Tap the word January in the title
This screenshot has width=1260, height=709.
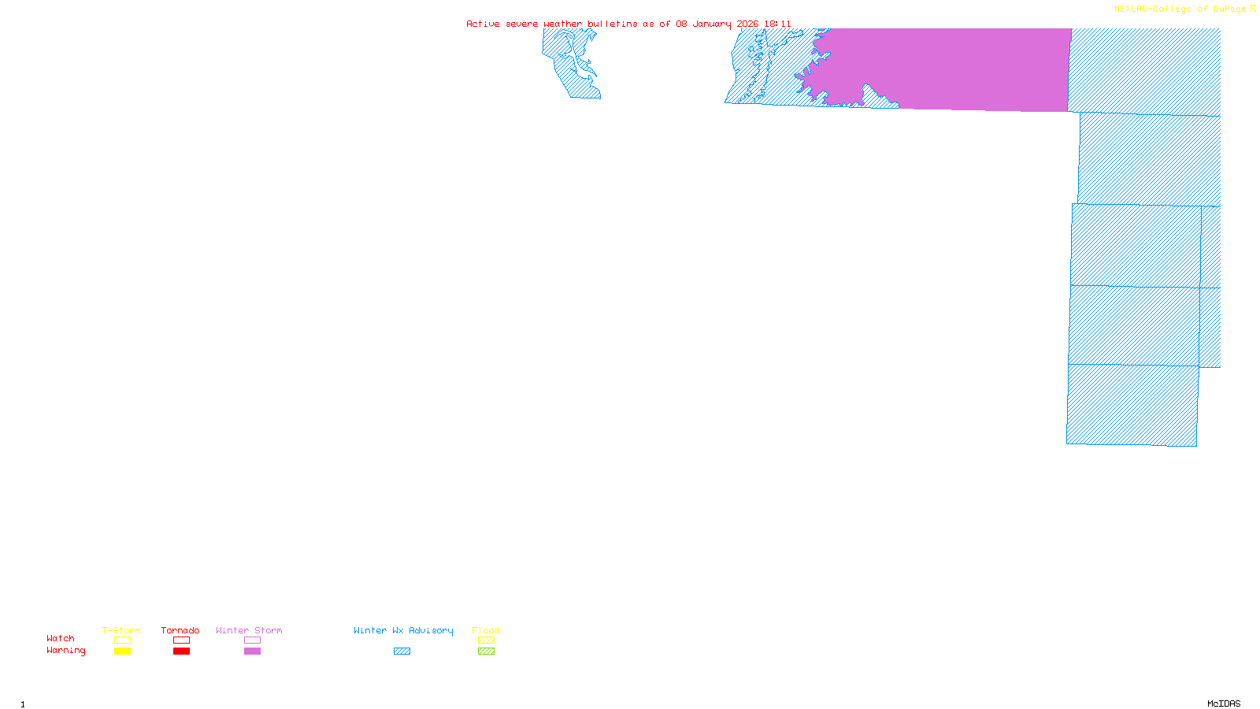712,24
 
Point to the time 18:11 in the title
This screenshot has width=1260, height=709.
777,24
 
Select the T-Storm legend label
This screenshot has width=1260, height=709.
121,630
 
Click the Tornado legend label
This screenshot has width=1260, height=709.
180,630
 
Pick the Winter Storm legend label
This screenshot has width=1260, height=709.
249,630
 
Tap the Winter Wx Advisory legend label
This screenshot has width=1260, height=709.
403,630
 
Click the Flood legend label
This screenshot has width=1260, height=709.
486,630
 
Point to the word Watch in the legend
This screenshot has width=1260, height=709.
61,639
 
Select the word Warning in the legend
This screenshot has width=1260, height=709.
66,651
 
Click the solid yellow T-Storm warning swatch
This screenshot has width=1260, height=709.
122,651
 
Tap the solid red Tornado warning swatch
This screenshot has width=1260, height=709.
181,651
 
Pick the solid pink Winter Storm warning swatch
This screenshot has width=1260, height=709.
252,651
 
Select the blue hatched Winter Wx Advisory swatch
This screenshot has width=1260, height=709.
402,651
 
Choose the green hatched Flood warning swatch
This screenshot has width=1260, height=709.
486,651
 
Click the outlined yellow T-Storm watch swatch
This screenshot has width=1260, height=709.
122,640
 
